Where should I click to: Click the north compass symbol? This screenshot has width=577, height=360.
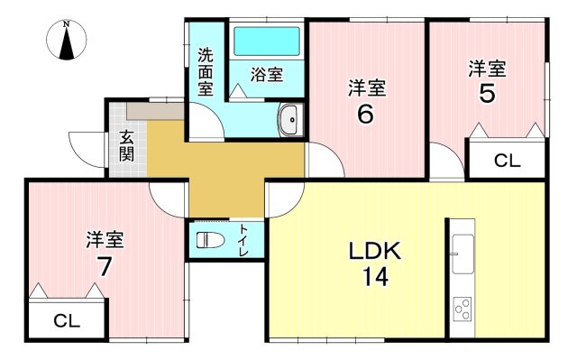pyautogui.click(x=66, y=40)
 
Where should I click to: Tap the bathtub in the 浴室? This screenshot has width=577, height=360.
pyautogui.click(x=267, y=41)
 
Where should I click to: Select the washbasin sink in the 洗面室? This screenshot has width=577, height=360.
pyautogui.click(x=290, y=120)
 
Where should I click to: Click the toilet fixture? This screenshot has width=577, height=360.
pyautogui.click(x=210, y=240)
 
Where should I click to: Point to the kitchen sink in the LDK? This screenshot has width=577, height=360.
pyautogui.click(x=463, y=254)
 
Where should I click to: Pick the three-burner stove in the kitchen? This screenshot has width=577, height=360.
pyautogui.click(x=463, y=309)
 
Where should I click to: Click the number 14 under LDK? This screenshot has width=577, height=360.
pyautogui.click(x=375, y=276)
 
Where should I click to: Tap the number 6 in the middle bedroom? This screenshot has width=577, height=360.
pyautogui.click(x=365, y=114)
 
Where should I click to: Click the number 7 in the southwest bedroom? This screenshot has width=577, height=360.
pyautogui.click(x=105, y=266)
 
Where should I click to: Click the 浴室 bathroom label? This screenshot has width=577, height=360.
pyautogui.click(x=267, y=75)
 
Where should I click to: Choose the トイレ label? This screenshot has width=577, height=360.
pyautogui.click(x=243, y=240)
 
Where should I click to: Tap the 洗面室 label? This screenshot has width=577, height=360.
pyautogui.click(x=206, y=72)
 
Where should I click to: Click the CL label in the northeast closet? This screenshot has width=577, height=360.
pyautogui.click(x=507, y=161)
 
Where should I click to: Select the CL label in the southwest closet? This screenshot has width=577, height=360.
pyautogui.click(x=67, y=321)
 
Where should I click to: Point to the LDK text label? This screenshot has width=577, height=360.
pyautogui.click(x=375, y=251)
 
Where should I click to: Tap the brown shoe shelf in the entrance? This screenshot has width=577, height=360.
pyautogui.click(x=155, y=111)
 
